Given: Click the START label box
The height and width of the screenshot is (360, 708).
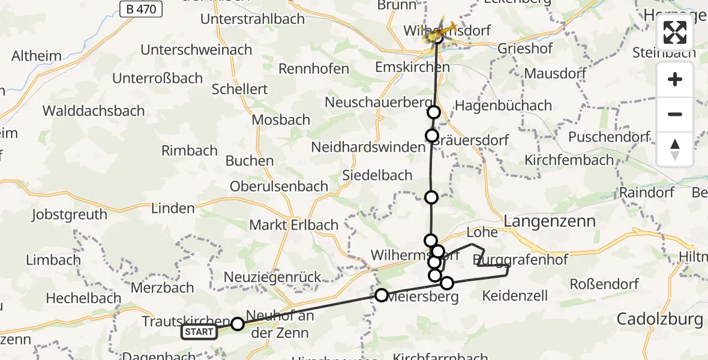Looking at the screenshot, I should (x=199, y=332).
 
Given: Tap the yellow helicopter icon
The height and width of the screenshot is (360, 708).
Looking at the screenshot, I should (x=439, y=32).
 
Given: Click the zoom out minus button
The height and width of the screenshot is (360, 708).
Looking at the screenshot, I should (x=675, y=114).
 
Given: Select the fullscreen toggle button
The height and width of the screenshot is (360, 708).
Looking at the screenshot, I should (x=675, y=33).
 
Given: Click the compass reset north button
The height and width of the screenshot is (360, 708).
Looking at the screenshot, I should (x=675, y=149).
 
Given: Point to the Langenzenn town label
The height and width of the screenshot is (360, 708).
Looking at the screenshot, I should (x=550, y=221).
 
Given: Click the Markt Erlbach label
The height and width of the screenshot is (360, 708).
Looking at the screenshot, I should (x=294, y=225).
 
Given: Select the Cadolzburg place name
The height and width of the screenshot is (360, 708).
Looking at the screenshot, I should (x=660, y=319).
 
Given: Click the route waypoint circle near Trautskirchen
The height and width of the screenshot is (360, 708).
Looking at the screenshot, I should (x=238, y=324).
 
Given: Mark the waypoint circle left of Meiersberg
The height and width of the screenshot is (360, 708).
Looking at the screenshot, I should (x=382, y=295).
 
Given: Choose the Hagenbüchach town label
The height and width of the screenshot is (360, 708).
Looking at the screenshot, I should (x=503, y=106).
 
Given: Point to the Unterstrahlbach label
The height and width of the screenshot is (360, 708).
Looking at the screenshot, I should (x=253, y=19).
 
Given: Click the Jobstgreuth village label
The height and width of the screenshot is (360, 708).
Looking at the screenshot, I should (x=70, y=214).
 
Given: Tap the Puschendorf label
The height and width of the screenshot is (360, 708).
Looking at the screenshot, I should (x=609, y=137).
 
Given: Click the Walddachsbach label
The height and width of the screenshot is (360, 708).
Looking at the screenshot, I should (x=94, y=110).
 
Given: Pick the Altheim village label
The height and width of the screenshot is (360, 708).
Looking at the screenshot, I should (x=37, y=56).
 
